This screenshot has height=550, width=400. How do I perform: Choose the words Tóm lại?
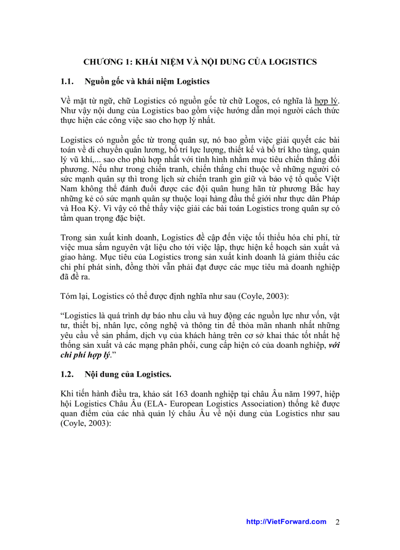74,296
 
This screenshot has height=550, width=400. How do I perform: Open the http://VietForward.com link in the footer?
286,522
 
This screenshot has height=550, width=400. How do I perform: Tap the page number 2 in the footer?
337,522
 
